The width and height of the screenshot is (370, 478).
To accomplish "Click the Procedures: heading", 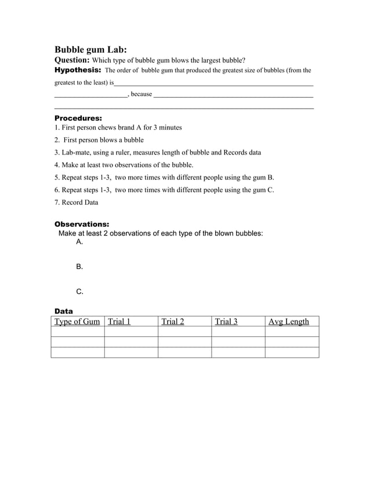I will [78, 118].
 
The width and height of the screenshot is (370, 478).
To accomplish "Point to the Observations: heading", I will [81, 224].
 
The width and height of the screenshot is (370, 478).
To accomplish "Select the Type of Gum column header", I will [77, 322].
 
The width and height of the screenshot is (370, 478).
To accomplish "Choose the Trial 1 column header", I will [119, 322].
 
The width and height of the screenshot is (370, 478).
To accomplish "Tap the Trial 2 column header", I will [173, 322].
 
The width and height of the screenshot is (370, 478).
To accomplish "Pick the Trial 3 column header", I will [226, 322].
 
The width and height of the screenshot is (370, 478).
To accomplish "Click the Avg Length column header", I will [289, 322].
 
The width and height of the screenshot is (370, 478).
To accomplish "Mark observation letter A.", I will [79, 242].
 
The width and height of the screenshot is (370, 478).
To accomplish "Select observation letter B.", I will [79, 267].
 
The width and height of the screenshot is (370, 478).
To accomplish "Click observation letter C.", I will [79, 292].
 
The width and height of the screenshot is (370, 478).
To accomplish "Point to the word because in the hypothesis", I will [142, 94].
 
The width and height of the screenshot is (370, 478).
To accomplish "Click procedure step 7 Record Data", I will [76, 203].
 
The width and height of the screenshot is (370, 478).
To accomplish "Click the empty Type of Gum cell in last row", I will [78, 352].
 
